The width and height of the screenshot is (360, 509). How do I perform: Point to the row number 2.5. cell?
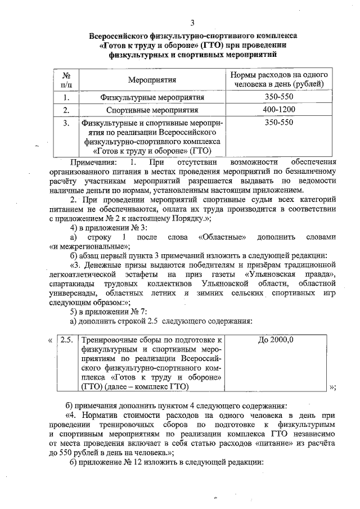click(66, 340)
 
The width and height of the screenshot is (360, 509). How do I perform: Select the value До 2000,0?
click(276, 340)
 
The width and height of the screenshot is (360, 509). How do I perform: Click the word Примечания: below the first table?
click(92, 162)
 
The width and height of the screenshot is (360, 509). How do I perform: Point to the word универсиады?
click(73, 293)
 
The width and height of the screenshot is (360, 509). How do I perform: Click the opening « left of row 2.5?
click(51, 340)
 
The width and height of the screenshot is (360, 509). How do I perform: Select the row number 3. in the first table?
click(66, 122)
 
